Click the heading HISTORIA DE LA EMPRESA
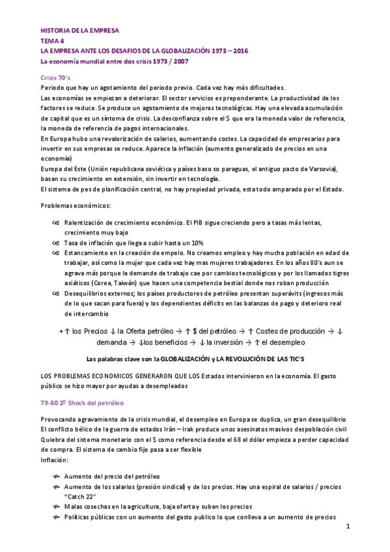click(79, 30)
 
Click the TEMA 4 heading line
click(53, 40)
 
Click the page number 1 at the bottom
click(348, 527)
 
